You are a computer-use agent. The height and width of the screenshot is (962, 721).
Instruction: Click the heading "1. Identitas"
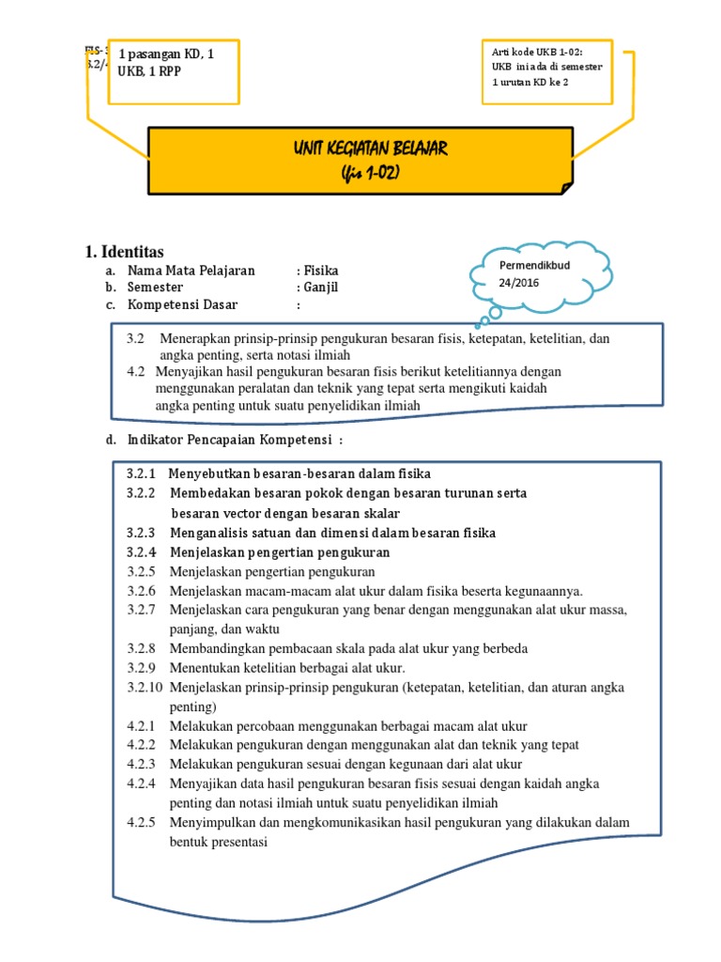(x=124, y=252)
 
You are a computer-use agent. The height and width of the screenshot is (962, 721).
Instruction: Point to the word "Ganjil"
(x=320, y=287)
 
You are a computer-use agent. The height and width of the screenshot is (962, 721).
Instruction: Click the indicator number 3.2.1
(x=141, y=473)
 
